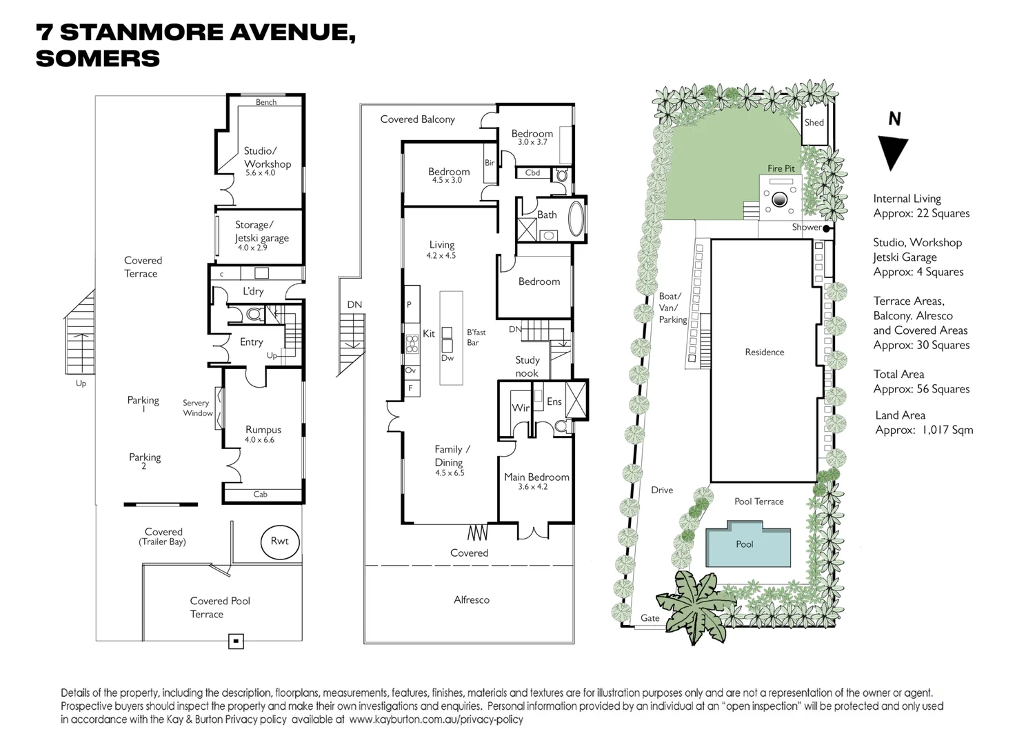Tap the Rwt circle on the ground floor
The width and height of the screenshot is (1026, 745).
279,542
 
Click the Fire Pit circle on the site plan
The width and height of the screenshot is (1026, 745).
779,199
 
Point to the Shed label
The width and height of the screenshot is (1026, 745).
814,123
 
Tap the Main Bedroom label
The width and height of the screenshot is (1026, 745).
536,477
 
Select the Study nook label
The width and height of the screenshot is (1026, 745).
527,366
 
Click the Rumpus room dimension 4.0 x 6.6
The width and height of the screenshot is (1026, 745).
259,439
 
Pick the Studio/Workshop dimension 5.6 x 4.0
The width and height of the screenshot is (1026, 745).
260,173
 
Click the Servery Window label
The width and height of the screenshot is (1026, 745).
197,408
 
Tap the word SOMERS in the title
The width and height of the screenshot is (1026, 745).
98,59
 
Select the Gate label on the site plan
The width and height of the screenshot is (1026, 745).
650,618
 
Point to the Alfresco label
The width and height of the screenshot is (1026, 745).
472,600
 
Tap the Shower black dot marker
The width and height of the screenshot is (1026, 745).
826,228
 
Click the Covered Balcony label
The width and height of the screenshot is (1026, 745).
417,119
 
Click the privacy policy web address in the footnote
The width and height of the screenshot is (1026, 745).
436,719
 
